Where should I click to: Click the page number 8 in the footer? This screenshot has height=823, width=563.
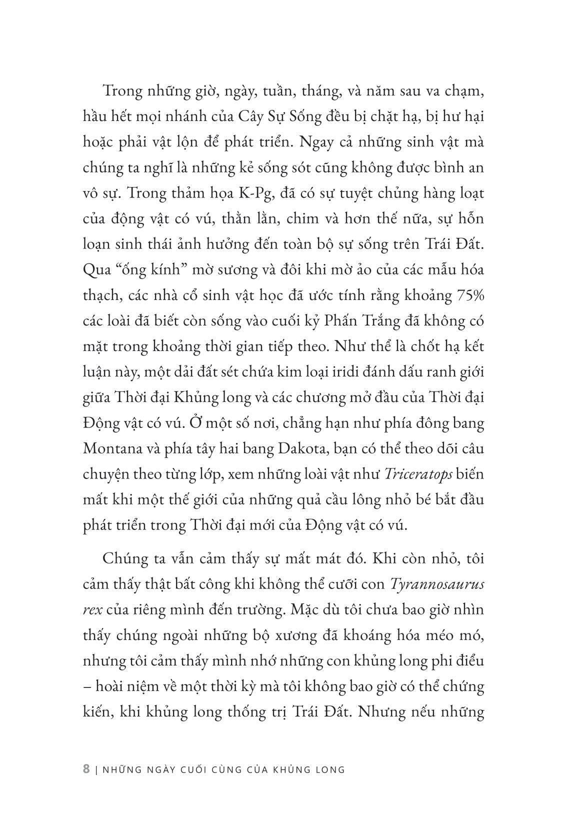coord(86,769)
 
